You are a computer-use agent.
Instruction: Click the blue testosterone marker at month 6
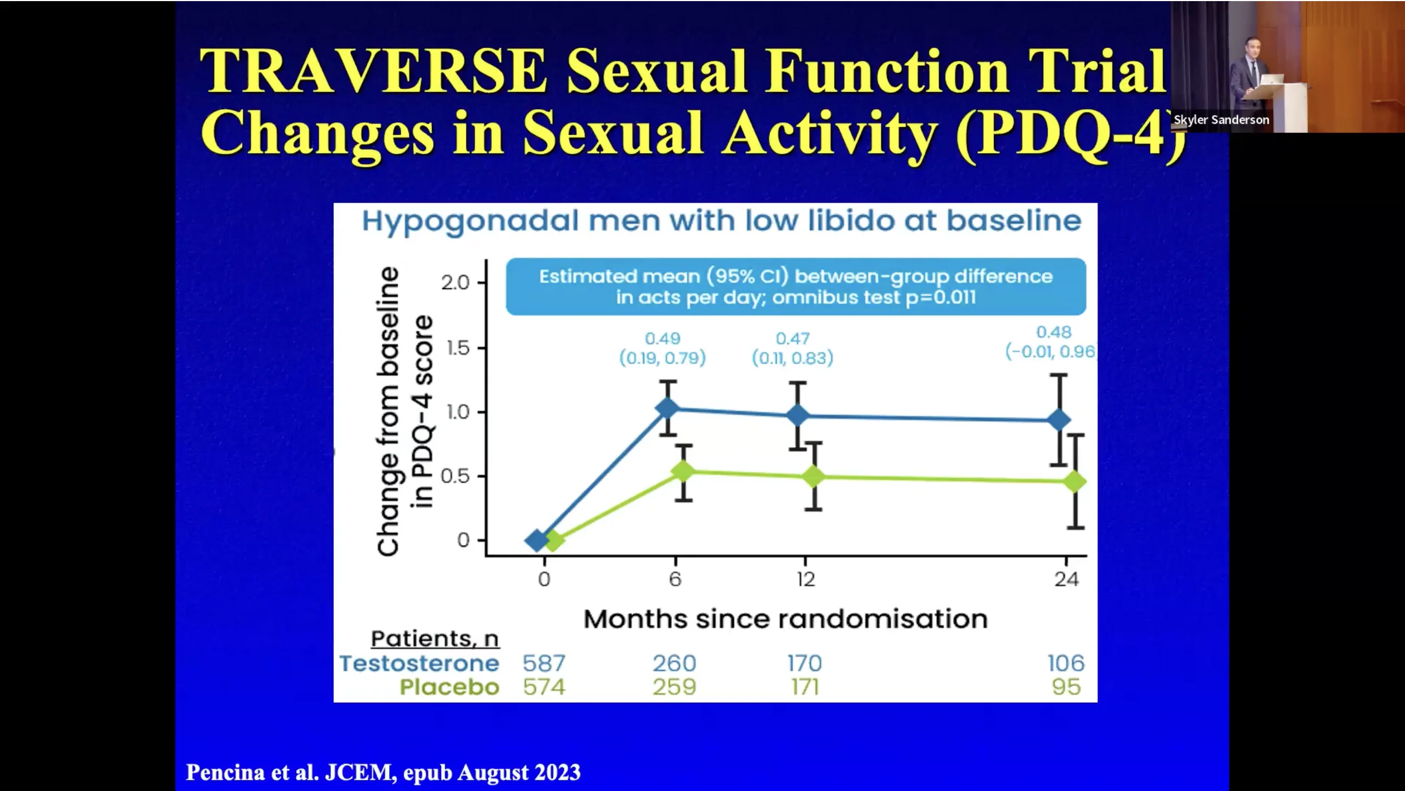(667, 408)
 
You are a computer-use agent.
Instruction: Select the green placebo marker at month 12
(813, 476)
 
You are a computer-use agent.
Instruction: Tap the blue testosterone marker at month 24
(1059, 420)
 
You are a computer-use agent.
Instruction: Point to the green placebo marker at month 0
(553, 541)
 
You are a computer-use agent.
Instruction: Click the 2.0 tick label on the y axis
(455, 283)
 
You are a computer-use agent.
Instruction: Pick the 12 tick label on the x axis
(806, 579)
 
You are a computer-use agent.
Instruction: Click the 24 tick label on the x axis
(1066, 579)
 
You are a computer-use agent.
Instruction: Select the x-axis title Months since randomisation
(785, 619)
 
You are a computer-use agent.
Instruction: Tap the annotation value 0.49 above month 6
(662, 338)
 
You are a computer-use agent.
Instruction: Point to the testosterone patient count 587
(543, 663)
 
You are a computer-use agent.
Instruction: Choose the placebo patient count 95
(1066, 687)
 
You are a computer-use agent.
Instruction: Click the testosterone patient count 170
(805, 663)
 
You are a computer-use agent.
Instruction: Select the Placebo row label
(449, 687)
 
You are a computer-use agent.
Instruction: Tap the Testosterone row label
(419, 663)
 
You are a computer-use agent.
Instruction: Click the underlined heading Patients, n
(435, 639)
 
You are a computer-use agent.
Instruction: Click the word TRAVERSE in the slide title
(373, 71)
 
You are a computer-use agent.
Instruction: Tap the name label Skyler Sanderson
(1221, 120)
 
